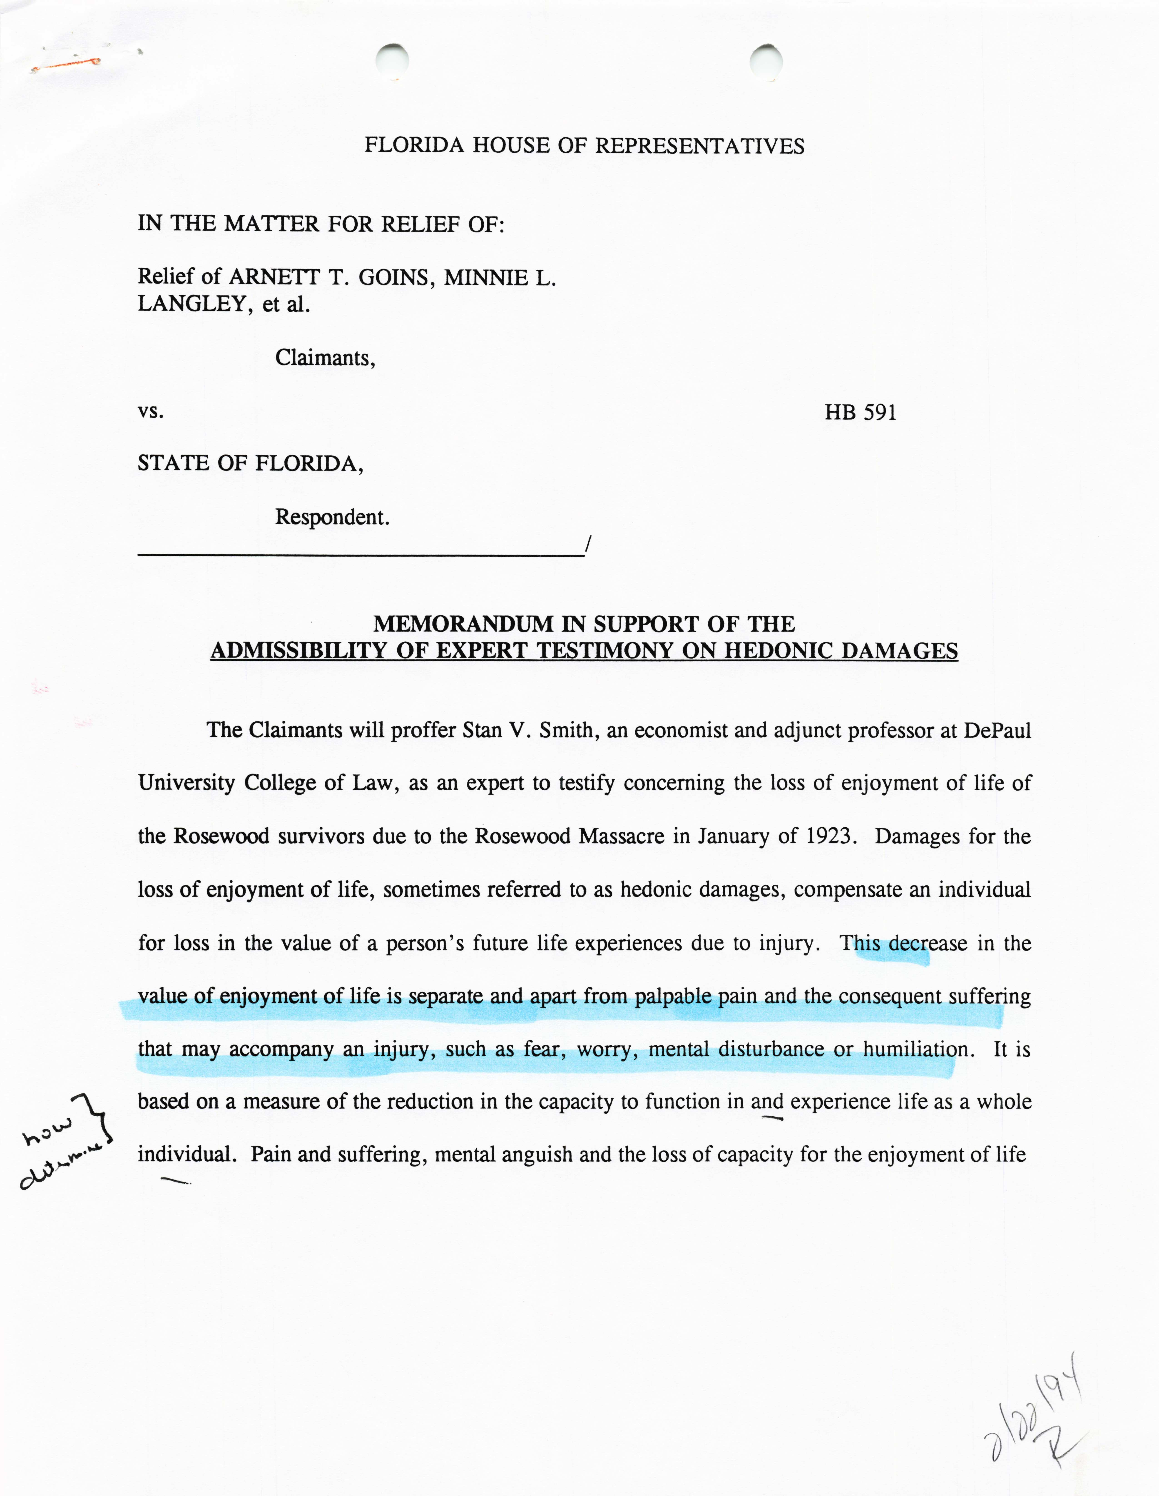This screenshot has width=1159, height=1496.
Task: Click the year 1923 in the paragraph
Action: click(831, 836)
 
